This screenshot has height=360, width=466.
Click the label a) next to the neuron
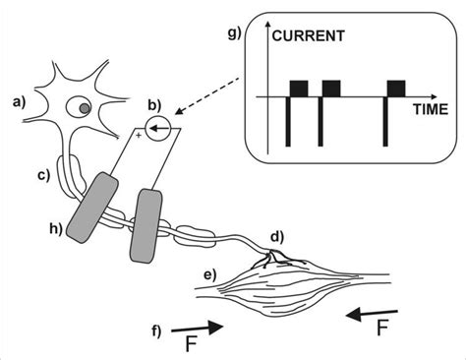(x=19, y=100)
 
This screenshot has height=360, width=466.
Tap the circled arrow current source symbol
(x=159, y=128)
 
